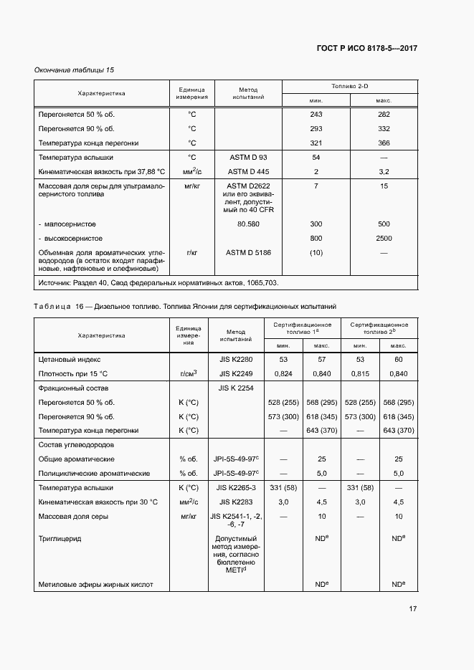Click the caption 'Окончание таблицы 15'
point(75,70)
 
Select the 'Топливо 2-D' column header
point(349,86)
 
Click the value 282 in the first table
point(384,115)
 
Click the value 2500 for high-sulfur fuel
point(384,238)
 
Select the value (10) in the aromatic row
point(316,252)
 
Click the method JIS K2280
point(236,359)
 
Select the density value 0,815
point(361,373)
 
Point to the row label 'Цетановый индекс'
point(70,359)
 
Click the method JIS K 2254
point(236,388)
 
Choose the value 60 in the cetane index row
point(399,359)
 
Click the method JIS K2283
point(236,502)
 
